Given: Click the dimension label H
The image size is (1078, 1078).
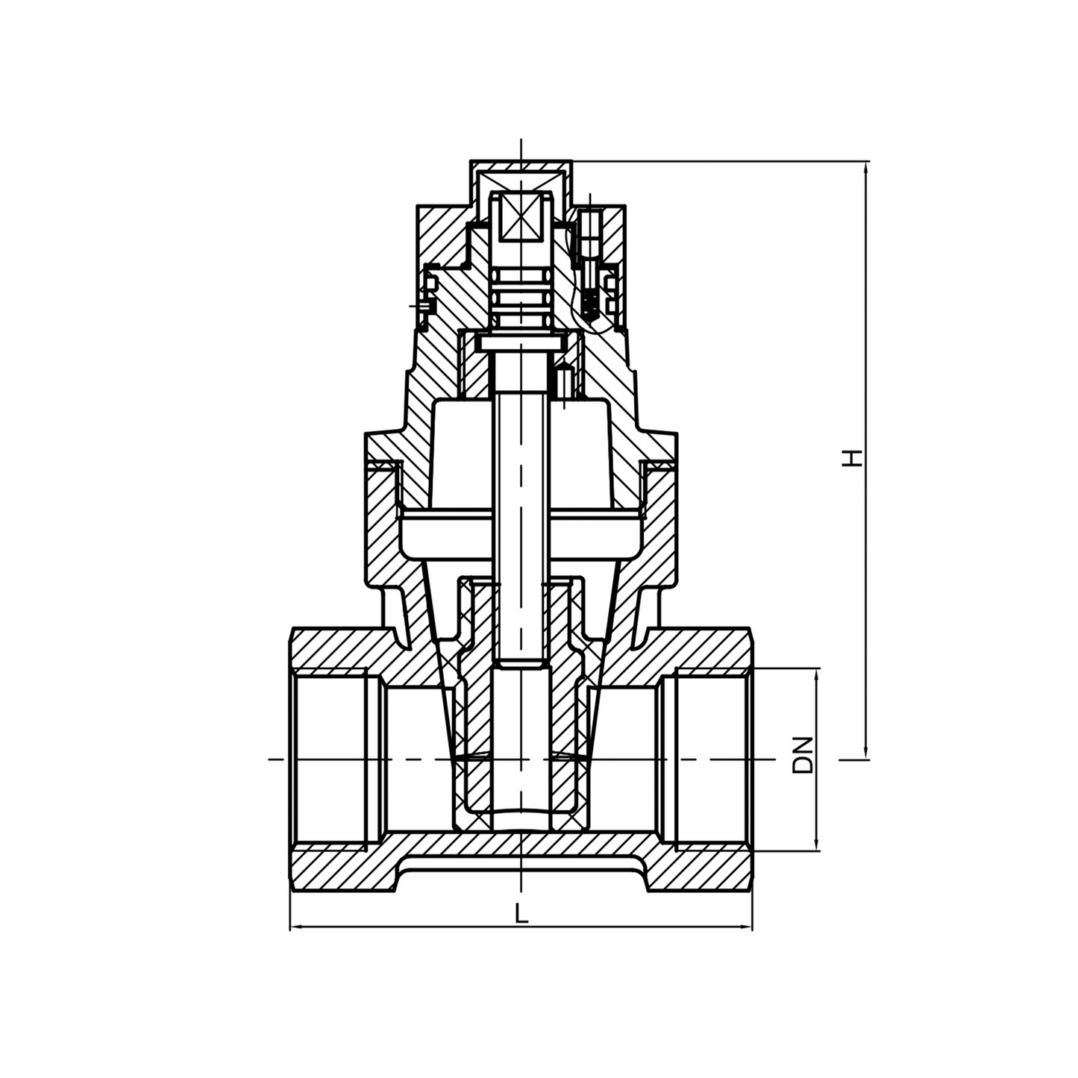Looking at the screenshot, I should coord(852,457).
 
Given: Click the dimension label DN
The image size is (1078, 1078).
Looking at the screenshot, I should coord(803,755).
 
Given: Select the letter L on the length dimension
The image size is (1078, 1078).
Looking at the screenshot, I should coord(521,913).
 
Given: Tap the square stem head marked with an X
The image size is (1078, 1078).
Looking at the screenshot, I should coord(521,217).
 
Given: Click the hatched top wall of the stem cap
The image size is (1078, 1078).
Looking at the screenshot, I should coord(521,166).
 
